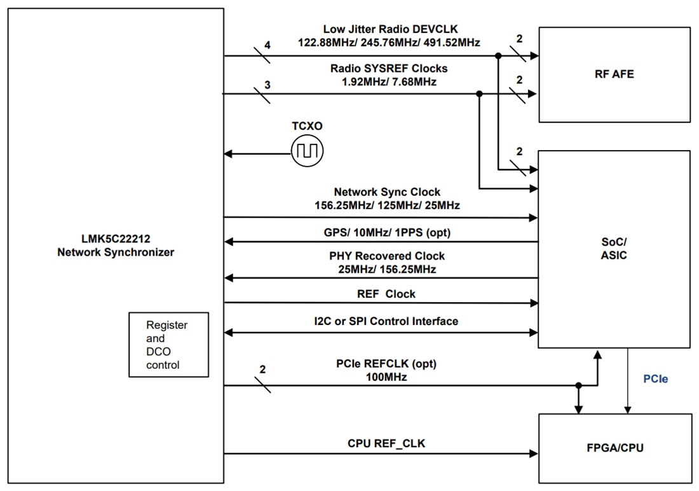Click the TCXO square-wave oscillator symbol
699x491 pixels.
(x=307, y=151)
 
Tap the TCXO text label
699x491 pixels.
(x=308, y=127)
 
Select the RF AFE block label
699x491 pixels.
(x=614, y=74)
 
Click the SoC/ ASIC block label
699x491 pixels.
(x=614, y=249)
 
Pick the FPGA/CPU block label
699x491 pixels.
(x=614, y=448)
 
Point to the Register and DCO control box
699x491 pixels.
(x=168, y=345)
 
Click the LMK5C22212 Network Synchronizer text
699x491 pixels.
(x=116, y=246)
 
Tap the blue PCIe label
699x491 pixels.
(x=655, y=378)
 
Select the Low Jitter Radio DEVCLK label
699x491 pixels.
(x=390, y=29)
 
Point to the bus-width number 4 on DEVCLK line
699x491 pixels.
(x=267, y=45)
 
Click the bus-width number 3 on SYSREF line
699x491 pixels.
(x=267, y=83)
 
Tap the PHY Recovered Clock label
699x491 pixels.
(x=387, y=256)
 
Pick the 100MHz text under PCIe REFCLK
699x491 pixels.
(x=386, y=377)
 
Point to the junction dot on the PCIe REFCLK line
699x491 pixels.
(x=578, y=385)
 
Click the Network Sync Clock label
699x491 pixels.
(x=387, y=191)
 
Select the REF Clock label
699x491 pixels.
(x=386, y=294)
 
